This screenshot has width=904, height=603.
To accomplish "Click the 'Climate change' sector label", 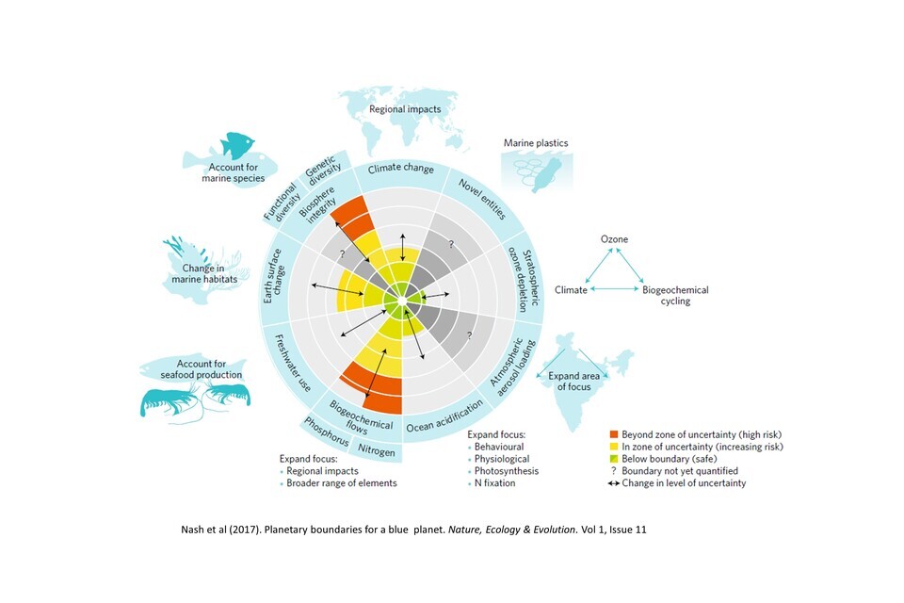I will point(401,170).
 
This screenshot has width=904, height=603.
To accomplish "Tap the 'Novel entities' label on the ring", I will point(475,194).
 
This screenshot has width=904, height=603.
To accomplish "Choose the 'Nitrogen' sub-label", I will point(376,449).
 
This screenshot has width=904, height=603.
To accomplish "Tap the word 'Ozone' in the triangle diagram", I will point(614,239).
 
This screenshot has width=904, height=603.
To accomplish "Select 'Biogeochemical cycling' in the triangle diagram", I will point(676,296).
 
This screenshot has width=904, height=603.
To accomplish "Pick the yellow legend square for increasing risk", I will point(614,447).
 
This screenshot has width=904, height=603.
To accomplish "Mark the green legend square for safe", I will point(614,459).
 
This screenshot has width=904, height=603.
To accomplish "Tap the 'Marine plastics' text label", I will point(536,143).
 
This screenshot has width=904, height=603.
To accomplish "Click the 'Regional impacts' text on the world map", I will point(405,109).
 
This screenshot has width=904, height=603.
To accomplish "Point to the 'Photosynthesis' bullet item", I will point(508,471).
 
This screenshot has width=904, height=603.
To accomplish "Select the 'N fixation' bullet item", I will point(498,483).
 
